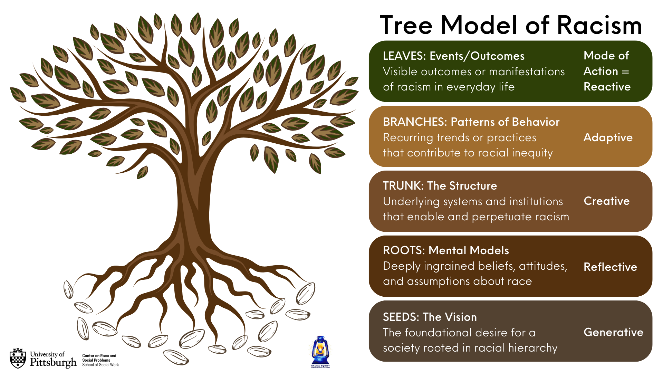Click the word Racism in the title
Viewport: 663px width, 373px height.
pyautogui.click(x=599, y=26)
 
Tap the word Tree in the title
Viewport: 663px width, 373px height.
pyautogui.click(x=406, y=26)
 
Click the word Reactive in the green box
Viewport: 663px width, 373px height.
pyautogui.click(x=607, y=86)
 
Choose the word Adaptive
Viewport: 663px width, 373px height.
pyautogui.click(x=608, y=137)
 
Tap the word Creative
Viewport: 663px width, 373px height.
pyautogui.click(x=607, y=201)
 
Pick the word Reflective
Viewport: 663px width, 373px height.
pyautogui.click(x=611, y=267)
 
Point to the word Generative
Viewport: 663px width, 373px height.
pyautogui.click(x=614, y=332)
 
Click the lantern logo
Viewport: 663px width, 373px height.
pyautogui.click(x=320, y=352)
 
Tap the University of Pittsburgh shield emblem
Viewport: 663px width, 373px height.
pyautogui.click(x=18, y=358)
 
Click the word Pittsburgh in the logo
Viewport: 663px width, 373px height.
pyautogui.click(x=53, y=362)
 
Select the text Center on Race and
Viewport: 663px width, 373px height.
pyautogui.click(x=99, y=356)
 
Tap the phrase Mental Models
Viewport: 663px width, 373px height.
pyautogui.click(x=469, y=250)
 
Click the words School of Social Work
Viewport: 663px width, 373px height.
pyautogui.click(x=100, y=365)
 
